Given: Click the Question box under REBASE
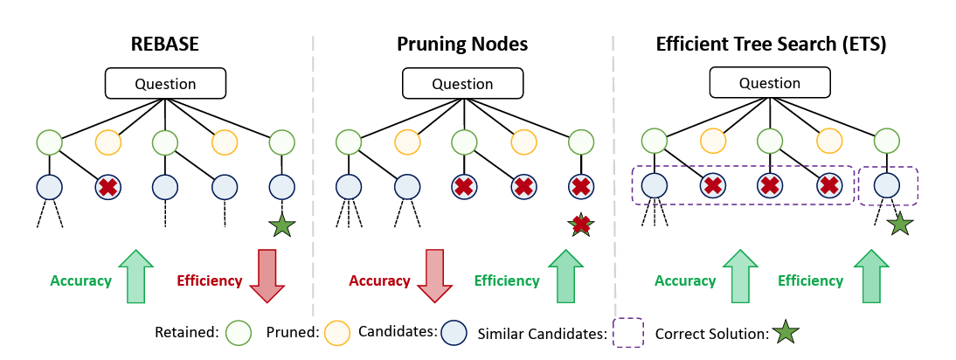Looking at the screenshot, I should pos(165,84).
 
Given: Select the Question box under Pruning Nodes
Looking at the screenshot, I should pos(462,84).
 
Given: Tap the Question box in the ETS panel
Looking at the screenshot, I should pos(770,84).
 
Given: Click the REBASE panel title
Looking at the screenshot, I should pos(165,44).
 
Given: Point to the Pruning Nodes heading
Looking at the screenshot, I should pos(462,44).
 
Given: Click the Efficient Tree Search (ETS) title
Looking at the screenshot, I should pos(771,44).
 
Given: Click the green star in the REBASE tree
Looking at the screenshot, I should pos(281,225).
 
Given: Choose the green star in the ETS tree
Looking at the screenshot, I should pos(899,225).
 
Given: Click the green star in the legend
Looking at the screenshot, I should pos(786,332).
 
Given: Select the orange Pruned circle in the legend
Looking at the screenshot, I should pos(336,332).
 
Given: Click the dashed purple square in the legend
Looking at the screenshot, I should pos(627,332).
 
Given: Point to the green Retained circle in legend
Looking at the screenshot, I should pos(237,332).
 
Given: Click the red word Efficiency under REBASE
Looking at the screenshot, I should pos(210,280).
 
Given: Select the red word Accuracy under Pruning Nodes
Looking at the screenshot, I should pos(379,280).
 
